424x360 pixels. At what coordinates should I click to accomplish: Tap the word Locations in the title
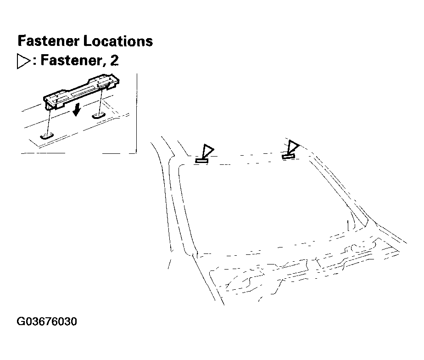point(118,41)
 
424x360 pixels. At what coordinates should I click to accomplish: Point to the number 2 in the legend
point(114,61)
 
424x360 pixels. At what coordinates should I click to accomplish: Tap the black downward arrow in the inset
point(77,110)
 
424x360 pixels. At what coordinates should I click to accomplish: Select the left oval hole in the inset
point(46,135)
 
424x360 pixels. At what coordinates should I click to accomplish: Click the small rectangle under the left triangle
point(202,160)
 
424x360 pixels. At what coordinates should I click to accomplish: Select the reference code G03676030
point(47,321)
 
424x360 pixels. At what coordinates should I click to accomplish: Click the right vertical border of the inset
point(137,115)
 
